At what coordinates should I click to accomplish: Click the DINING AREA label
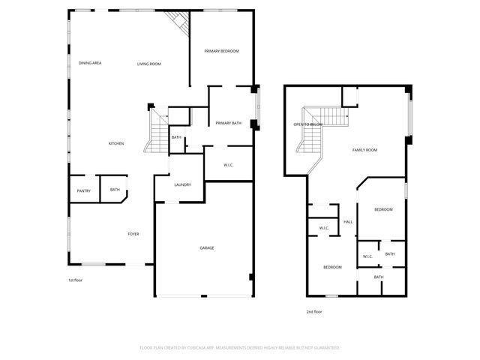click(x=90, y=63)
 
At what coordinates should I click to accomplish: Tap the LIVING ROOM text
click(x=148, y=64)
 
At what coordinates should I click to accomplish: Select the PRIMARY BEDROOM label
click(x=222, y=51)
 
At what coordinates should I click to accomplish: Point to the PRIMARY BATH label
click(x=228, y=123)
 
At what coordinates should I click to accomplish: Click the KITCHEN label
click(x=116, y=143)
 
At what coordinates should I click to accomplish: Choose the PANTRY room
click(x=84, y=190)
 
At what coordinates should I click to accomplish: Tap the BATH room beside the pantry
click(x=115, y=190)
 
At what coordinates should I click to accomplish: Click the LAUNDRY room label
click(x=182, y=185)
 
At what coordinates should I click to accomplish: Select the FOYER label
click(x=133, y=234)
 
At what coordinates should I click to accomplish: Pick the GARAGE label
click(x=207, y=247)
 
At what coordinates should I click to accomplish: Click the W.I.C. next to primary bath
click(x=230, y=165)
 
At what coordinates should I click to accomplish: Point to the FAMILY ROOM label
click(x=364, y=150)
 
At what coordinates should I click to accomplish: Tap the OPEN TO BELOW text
click(x=307, y=124)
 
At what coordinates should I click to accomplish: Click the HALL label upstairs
click(x=348, y=222)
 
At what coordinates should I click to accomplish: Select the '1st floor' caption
click(x=75, y=280)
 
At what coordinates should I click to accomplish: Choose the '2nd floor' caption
click(x=314, y=311)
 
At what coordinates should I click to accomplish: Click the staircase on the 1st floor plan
click(x=160, y=131)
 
